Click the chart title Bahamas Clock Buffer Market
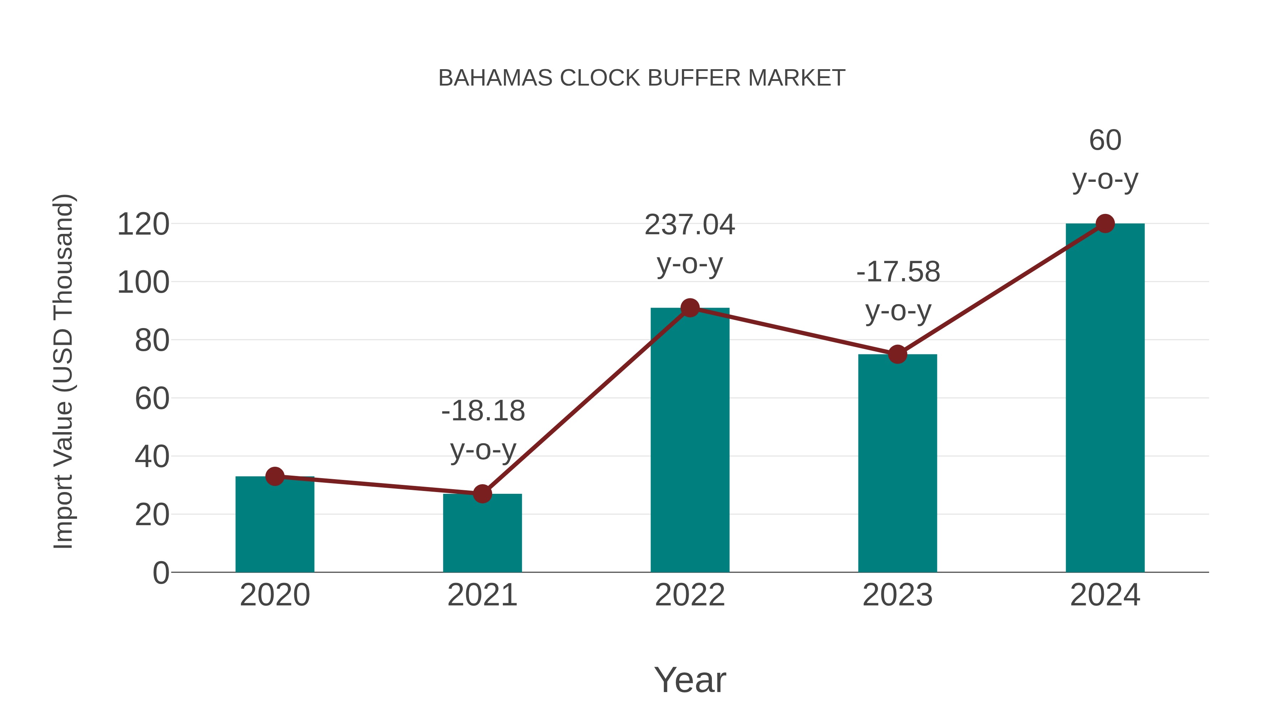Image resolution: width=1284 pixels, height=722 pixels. (x=642, y=78)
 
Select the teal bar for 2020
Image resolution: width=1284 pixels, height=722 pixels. (x=275, y=526)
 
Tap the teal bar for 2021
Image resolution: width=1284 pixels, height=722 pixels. (x=482, y=534)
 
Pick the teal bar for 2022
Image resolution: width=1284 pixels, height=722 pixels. (x=690, y=441)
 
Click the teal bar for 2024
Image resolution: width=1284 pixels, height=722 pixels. (x=1105, y=399)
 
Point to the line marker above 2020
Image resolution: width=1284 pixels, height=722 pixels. (x=275, y=476)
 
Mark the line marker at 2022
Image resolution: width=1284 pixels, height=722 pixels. (x=690, y=308)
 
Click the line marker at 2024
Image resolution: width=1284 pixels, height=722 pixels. (x=1105, y=224)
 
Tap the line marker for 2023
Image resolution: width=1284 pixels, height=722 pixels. (x=897, y=354)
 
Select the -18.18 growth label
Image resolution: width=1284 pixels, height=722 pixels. (x=483, y=411)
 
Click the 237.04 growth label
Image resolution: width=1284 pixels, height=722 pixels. (x=690, y=225)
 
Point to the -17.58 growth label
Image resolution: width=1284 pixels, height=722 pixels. (x=898, y=272)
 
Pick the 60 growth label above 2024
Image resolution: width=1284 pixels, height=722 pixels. (x=1105, y=140)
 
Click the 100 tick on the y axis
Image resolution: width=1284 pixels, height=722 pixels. (x=143, y=282)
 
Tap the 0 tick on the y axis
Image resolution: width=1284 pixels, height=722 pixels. (x=161, y=573)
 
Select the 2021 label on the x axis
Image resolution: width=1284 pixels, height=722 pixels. (x=482, y=595)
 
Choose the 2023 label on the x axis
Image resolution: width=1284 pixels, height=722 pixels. (x=897, y=595)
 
